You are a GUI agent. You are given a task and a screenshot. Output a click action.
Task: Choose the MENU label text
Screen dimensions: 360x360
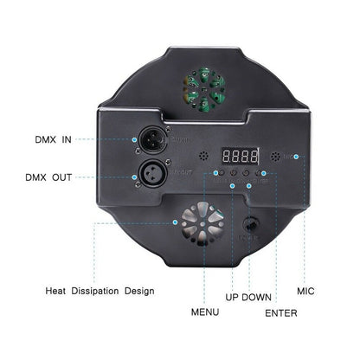click(204, 309)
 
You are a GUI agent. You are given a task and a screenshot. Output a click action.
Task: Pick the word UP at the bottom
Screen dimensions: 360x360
click(234, 296)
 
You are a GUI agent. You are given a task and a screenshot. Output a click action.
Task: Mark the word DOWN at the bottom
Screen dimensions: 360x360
click(258, 296)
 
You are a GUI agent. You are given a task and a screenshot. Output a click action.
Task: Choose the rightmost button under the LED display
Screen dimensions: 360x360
click(260, 175)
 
